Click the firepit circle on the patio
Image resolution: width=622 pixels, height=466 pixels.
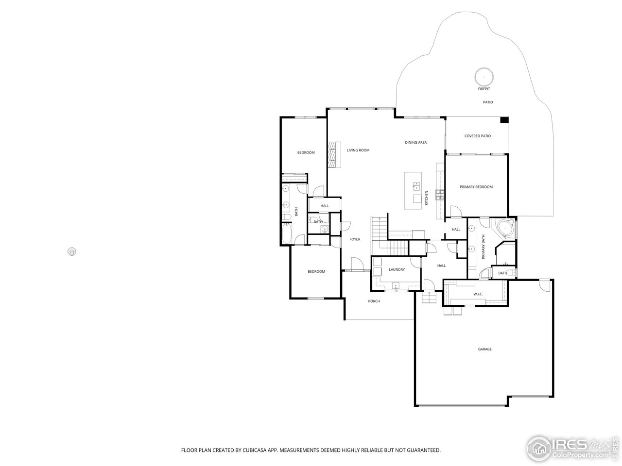pos(484,77)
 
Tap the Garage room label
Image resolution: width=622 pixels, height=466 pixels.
pos(484,349)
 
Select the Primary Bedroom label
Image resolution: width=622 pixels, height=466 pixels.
pos(476,187)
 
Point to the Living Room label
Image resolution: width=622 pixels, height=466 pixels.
pos(358,150)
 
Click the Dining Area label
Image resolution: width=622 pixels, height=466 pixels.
pos(415,143)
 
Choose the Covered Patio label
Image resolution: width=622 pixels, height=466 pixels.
pos(477,136)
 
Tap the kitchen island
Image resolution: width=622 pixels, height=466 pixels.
pos(415,191)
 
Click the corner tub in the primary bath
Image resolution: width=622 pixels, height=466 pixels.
pos(505,228)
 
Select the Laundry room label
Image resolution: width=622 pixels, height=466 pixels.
pos(397,269)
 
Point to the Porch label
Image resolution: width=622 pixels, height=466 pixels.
pos(374,301)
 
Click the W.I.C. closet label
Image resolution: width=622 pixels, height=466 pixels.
pos(477,295)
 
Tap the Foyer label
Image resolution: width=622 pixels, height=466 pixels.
pos(355,239)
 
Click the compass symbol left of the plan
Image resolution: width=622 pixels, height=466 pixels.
pos(72,251)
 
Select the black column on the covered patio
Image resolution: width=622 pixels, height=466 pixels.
pos(504,120)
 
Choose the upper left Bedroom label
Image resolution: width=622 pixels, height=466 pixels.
pos(306,152)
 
